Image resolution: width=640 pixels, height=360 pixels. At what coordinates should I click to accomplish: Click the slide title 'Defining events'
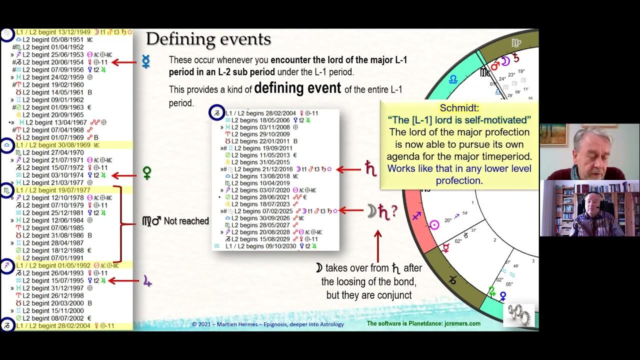coord(208,39)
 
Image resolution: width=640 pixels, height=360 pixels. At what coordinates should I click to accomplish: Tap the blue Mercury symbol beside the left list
coord(146,62)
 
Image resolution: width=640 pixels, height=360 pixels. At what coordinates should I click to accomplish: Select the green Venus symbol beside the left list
coord(147,173)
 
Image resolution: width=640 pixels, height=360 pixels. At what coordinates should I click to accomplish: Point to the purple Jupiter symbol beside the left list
coord(147,281)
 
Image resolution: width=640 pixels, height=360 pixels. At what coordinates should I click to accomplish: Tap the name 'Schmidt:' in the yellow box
coord(459,108)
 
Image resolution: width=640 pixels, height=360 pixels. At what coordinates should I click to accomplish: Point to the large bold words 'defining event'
coord(297,89)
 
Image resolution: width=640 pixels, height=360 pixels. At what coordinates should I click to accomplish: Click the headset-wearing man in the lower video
coord(588,212)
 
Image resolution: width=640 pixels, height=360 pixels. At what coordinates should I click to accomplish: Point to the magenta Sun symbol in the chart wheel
coord(434,225)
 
